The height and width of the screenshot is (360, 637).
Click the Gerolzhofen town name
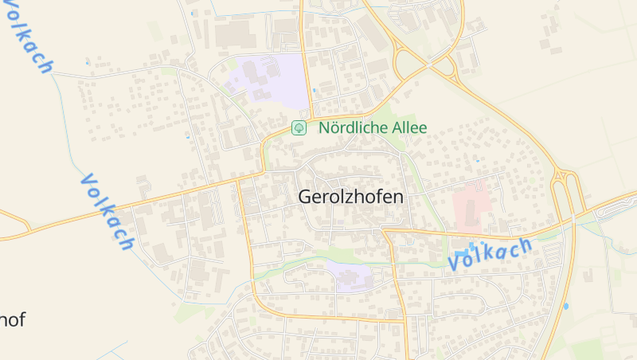click(350, 197)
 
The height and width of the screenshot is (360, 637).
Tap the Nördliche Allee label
click(373, 127)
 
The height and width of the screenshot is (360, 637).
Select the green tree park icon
click(299, 127)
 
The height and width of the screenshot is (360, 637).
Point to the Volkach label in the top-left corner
click(28, 36)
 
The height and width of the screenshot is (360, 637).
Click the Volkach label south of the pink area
click(489, 254)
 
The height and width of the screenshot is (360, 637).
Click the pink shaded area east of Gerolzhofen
click(471, 202)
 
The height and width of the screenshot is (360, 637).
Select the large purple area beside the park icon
click(269, 80)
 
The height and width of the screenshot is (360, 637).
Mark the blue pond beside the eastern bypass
click(565, 305)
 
